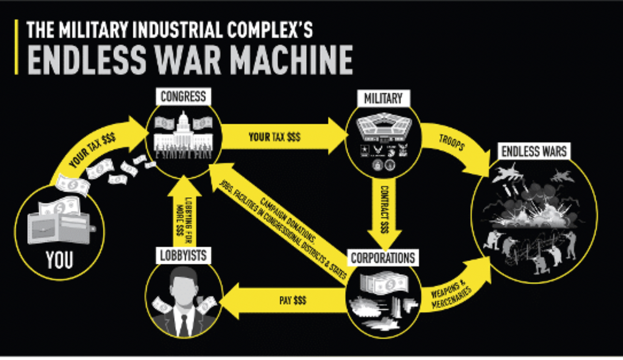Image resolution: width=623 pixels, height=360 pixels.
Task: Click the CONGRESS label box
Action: [183, 97]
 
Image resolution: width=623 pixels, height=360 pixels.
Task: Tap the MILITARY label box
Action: [383, 99]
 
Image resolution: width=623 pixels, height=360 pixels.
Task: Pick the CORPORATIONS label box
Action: [383, 258]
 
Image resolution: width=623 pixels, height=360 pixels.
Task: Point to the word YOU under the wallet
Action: [59, 260]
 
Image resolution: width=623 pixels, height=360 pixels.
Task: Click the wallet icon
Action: [59, 224]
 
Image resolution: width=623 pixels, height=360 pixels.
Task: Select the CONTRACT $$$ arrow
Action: [384, 210]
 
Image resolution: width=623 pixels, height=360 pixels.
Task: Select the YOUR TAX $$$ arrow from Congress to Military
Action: [281, 137]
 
